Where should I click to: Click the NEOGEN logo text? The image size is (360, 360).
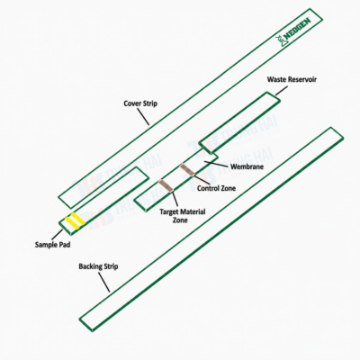tap(297, 30)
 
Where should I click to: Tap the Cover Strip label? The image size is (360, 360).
tap(140, 103)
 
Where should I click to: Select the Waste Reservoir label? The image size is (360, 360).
tap(292, 79)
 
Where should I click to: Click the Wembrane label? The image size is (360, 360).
tap(247, 166)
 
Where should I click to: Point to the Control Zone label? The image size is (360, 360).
tap(216, 188)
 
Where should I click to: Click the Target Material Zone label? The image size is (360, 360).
tap(183, 216)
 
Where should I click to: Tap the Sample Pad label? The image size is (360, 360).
tap(52, 245)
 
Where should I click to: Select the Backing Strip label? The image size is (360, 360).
tap(98, 266)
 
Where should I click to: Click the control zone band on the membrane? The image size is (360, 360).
tap(187, 169)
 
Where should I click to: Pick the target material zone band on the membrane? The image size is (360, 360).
tap(166, 185)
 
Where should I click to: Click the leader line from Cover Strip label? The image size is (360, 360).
tap(143, 116)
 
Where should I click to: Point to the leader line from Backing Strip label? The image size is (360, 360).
tap(104, 282)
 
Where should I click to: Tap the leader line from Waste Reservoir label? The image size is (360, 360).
tap(282, 91)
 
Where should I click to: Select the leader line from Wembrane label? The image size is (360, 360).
tap(216, 164)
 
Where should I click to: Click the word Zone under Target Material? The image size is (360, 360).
tap(180, 220)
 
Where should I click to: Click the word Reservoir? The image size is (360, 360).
tap(302, 79)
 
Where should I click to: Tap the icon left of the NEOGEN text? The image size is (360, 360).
tap(280, 41)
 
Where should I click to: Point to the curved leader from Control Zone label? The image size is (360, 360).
tap(202, 179)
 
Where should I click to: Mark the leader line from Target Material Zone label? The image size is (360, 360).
tap(175, 199)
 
